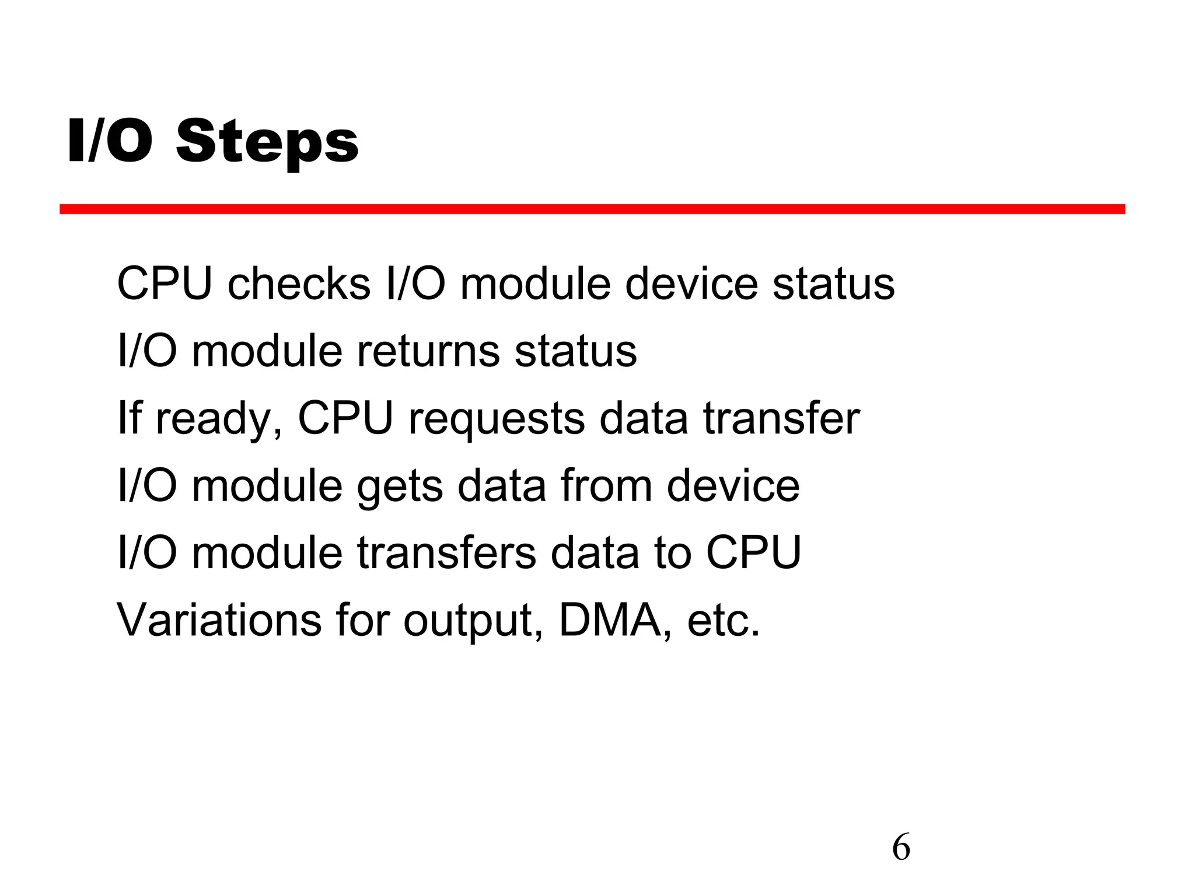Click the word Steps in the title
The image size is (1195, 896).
point(267,142)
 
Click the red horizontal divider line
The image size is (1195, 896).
point(592,209)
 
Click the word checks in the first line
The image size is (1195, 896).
point(299,284)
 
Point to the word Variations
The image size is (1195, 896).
point(219,619)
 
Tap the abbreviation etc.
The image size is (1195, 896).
point(724,621)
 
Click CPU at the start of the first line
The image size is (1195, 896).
point(165,284)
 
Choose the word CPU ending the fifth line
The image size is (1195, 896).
point(754,552)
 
